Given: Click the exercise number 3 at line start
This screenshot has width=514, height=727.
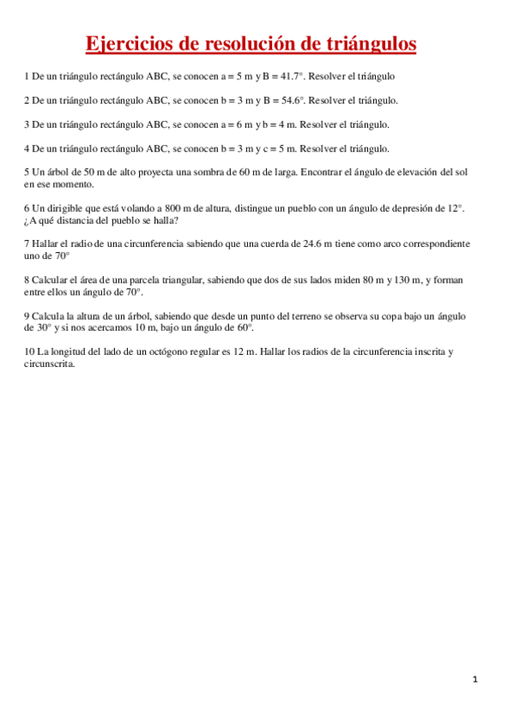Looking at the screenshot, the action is click(27, 124).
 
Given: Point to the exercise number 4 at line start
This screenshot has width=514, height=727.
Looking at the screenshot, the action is click(27, 148).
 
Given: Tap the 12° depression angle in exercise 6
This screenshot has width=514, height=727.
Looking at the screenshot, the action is click(456, 208).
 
